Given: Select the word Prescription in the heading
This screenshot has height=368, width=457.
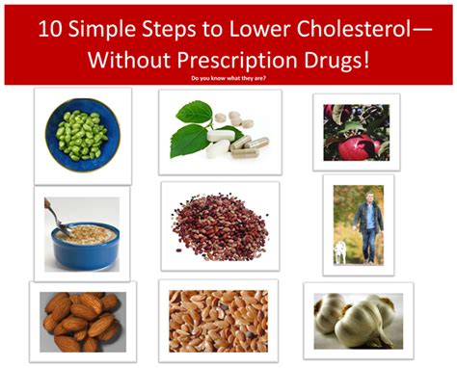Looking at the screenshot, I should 228,60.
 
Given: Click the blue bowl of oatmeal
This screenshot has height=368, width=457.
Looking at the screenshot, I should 85,246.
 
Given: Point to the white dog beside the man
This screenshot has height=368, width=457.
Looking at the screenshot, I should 341,252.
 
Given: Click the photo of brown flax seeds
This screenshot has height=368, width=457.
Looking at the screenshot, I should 219,321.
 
